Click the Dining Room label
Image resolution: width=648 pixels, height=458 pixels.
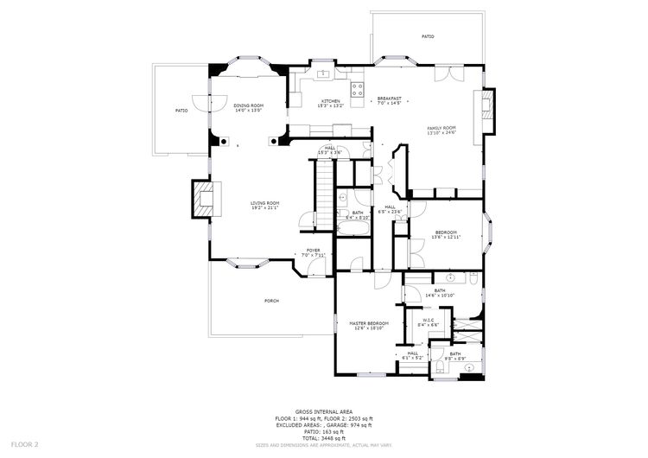click(x=247, y=105)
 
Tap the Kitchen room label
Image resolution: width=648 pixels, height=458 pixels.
click(x=331, y=101)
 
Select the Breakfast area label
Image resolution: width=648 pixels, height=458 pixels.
click(x=390, y=99)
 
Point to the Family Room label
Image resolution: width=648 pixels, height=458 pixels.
click(x=441, y=128)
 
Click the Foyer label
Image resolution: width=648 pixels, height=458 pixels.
click(x=313, y=251)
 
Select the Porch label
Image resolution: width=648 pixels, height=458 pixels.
click(x=271, y=301)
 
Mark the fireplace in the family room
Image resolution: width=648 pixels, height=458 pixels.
click(x=487, y=110)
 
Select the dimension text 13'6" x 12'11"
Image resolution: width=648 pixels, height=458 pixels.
click(x=446, y=237)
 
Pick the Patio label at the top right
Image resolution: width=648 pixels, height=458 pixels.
click(x=428, y=36)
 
